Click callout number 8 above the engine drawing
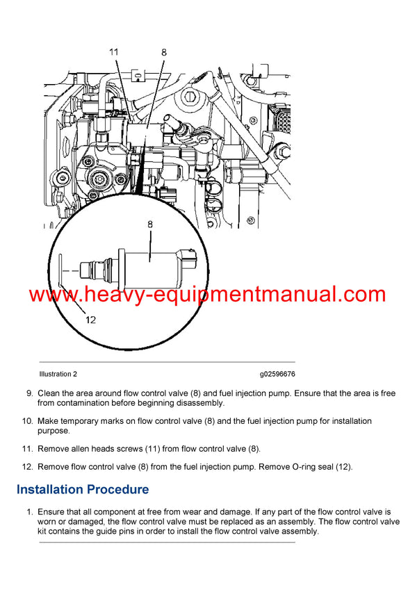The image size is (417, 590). click(x=163, y=51)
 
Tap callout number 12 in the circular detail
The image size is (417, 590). click(x=91, y=320)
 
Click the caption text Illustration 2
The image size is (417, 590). click(x=58, y=374)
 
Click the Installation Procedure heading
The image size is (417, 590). click(x=83, y=489)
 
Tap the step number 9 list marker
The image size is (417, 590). click(x=30, y=393)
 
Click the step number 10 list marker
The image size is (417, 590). click(x=28, y=421)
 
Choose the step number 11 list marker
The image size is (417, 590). click(x=28, y=449)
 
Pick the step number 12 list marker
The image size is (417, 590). click(x=28, y=467)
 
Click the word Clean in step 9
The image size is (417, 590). click(x=49, y=393)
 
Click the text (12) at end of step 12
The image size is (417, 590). click(x=344, y=467)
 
